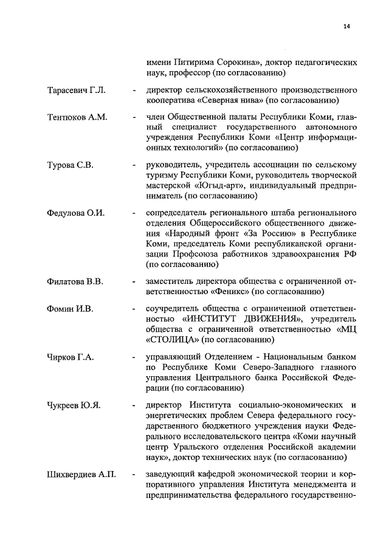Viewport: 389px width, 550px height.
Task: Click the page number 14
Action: [x=346, y=26]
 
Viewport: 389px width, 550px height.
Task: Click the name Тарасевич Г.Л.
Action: [x=77, y=91]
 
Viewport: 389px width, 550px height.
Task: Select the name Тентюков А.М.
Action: [x=77, y=117]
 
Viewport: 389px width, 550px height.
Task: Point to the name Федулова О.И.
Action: [x=76, y=212]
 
